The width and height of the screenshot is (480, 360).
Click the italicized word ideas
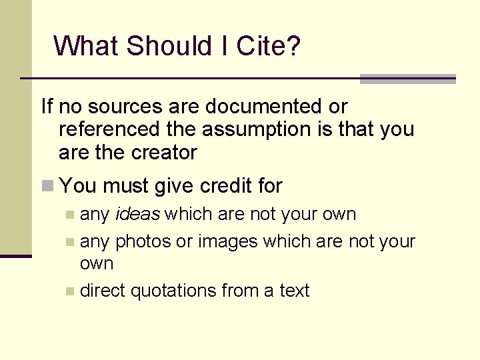138,215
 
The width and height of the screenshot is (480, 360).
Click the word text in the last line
294,291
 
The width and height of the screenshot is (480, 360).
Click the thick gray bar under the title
407,79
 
